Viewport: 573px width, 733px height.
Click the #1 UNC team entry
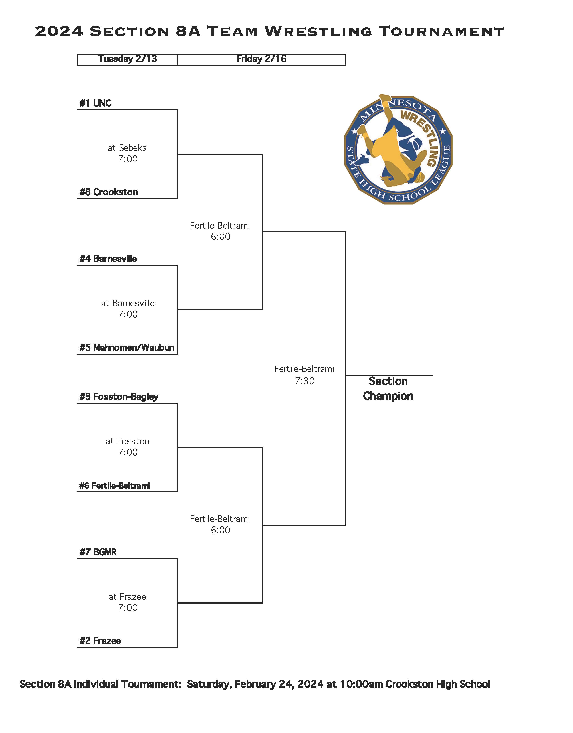pos(95,103)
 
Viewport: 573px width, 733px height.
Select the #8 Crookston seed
pos(108,192)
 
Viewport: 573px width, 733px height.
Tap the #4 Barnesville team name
pos(108,259)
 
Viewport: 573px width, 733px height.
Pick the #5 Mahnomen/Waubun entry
pos(127,348)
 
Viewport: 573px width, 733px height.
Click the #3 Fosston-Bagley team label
pos(119,397)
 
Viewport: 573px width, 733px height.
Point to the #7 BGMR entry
pos(98,552)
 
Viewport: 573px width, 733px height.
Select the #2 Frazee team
pos(100,641)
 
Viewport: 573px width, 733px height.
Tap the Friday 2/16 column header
pos(261,59)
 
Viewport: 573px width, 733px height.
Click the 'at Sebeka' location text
pos(127,148)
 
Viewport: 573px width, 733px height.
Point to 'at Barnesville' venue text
pos(128,303)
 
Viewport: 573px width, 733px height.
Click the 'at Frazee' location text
pos(127,597)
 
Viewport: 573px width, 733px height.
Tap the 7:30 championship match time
pos(305,381)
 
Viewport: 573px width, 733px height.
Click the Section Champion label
pos(388,389)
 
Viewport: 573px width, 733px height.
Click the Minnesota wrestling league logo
pos(398,149)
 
